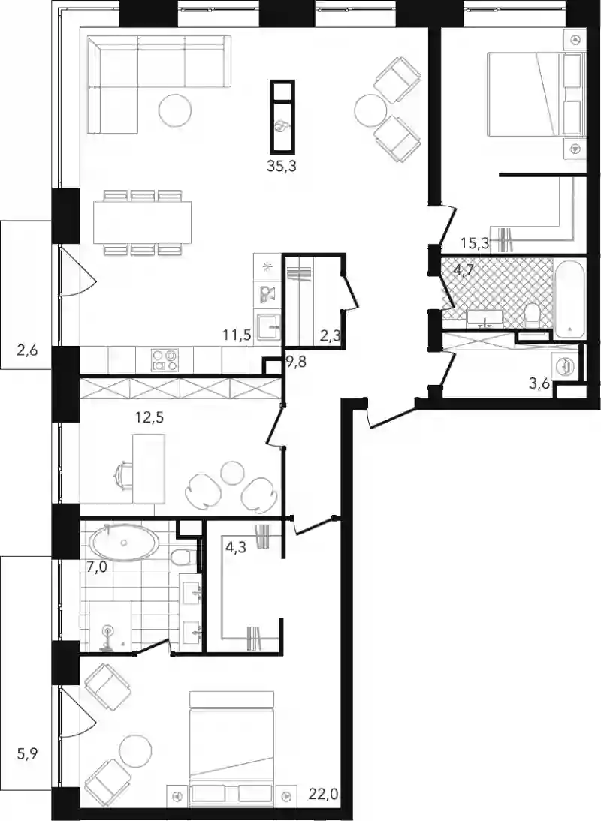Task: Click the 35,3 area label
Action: [282, 167]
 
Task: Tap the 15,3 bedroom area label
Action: [476, 243]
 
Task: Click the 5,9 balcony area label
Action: [26, 754]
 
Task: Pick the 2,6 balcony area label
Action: [27, 350]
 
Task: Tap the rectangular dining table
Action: [143, 223]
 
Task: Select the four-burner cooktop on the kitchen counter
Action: [165, 360]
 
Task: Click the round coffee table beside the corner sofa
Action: [175, 110]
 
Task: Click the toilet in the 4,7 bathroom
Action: [533, 314]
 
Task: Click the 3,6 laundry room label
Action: [539, 384]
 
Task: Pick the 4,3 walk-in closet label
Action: [236, 549]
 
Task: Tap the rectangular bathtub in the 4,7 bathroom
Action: [569, 299]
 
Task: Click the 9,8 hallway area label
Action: [295, 361]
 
